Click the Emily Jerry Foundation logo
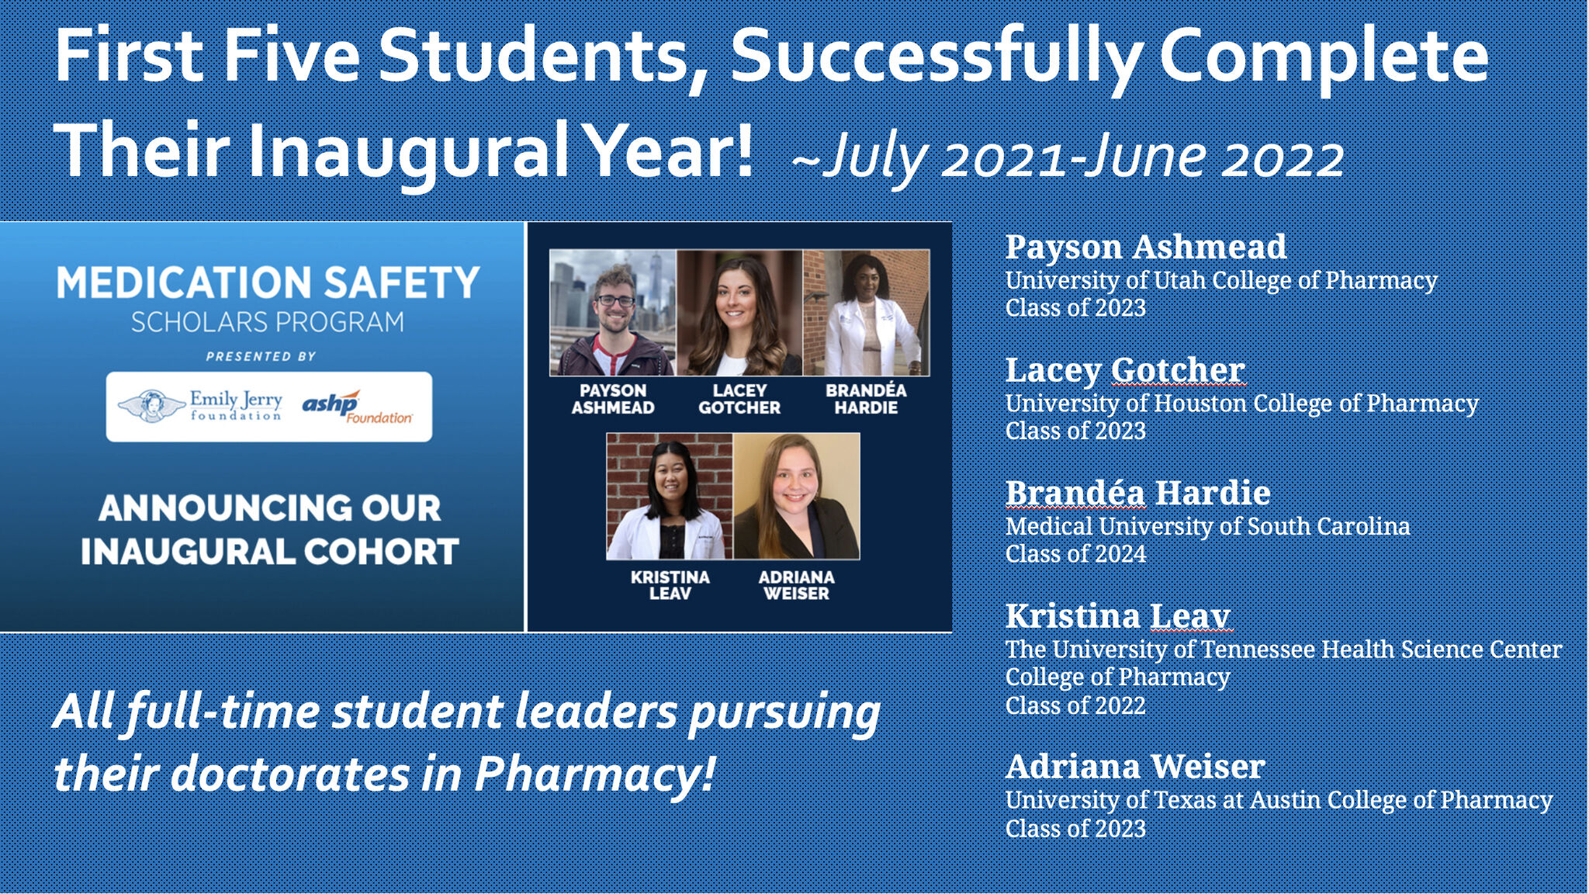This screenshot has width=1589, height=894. click(200, 406)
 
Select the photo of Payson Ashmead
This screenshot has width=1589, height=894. click(613, 313)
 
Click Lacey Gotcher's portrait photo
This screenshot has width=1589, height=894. click(739, 313)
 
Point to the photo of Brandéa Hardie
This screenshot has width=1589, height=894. click(866, 313)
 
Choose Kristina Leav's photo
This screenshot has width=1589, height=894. click(670, 496)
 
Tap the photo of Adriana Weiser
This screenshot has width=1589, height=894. click(797, 496)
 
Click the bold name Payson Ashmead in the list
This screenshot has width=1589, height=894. click(1145, 248)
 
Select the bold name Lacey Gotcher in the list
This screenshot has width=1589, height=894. click(1125, 371)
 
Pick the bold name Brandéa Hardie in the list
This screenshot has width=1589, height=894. click(1137, 493)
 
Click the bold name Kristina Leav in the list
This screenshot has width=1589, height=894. click(1117, 616)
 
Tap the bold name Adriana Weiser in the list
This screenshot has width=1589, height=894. click(1135, 767)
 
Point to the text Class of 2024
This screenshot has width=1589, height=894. click(1075, 554)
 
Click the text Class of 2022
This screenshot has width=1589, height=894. click(1075, 705)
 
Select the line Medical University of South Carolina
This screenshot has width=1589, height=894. click(1207, 526)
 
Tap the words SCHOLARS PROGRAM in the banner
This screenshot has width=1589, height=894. click(268, 322)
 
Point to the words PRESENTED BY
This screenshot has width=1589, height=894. click(261, 356)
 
